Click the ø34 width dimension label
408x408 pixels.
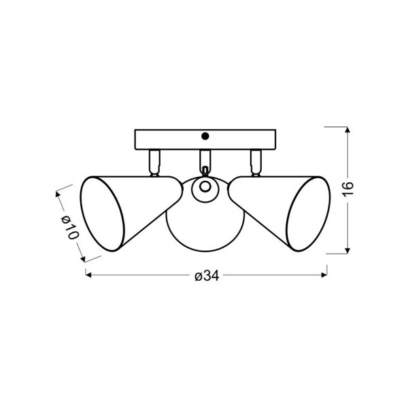(x=207, y=276)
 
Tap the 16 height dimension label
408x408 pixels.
(x=348, y=189)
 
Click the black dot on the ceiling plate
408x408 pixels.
(x=205, y=136)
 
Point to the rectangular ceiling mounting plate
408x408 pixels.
(x=205, y=139)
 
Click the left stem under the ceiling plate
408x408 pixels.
(x=154, y=163)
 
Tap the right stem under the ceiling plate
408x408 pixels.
(x=256, y=163)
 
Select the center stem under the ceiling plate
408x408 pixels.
(x=205, y=160)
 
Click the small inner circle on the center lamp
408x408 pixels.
(x=205, y=187)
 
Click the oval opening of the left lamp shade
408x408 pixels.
(x=102, y=214)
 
